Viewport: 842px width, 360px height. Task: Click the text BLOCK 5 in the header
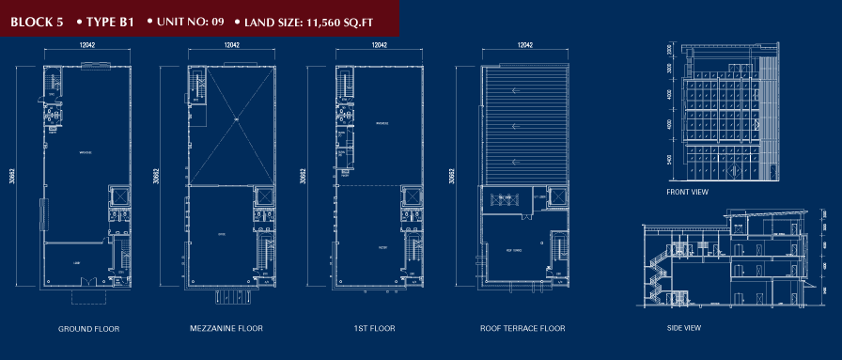tap(38, 19)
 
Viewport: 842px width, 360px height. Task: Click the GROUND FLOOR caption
tap(88, 329)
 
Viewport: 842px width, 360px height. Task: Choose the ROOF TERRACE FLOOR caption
tap(522, 329)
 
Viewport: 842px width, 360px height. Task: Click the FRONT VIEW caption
tap(688, 193)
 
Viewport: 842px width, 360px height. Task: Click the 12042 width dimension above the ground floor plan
tap(87, 44)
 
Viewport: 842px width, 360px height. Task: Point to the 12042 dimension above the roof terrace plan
tap(525, 44)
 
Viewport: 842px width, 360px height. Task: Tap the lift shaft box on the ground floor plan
tap(120, 196)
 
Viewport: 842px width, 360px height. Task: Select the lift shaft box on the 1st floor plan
tap(410, 196)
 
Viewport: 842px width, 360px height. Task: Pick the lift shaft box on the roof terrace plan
tap(554, 198)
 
